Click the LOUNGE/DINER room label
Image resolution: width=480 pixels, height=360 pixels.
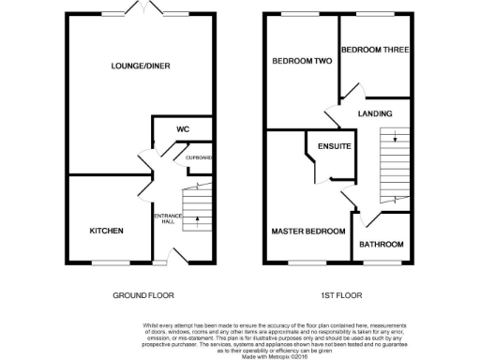141,65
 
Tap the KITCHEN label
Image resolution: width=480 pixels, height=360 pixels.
106,231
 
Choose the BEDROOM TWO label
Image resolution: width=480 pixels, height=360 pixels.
302,61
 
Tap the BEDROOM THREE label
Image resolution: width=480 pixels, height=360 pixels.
374,50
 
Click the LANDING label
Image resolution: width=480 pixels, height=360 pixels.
374,113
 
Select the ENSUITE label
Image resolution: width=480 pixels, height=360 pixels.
334,147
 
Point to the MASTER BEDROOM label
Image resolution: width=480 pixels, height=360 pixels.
307,231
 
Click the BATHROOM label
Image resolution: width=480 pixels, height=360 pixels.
382,244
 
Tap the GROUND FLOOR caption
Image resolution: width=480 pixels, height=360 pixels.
142,294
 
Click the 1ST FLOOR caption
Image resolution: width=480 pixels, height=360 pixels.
341,294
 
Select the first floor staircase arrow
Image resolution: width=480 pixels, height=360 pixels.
395,139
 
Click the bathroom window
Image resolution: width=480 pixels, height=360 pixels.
383,262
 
